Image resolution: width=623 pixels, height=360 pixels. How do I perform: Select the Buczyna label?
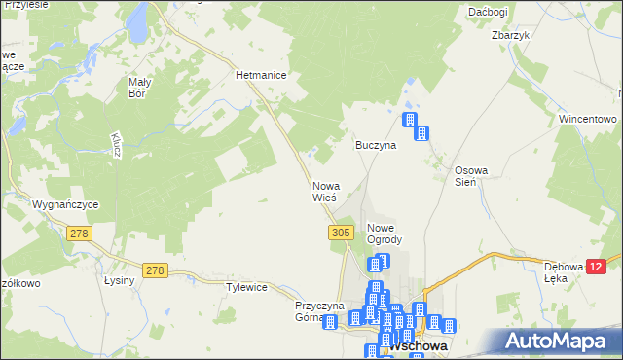[x=375, y=145]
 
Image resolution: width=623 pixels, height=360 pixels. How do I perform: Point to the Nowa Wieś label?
[x=324, y=192]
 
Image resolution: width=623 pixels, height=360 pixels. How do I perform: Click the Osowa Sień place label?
[x=471, y=176]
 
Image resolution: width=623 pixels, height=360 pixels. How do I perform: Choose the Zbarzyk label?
[x=510, y=35]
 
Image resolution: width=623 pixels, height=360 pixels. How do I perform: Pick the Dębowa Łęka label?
[x=563, y=272]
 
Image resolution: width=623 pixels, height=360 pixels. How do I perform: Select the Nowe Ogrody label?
[x=384, y=234]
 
